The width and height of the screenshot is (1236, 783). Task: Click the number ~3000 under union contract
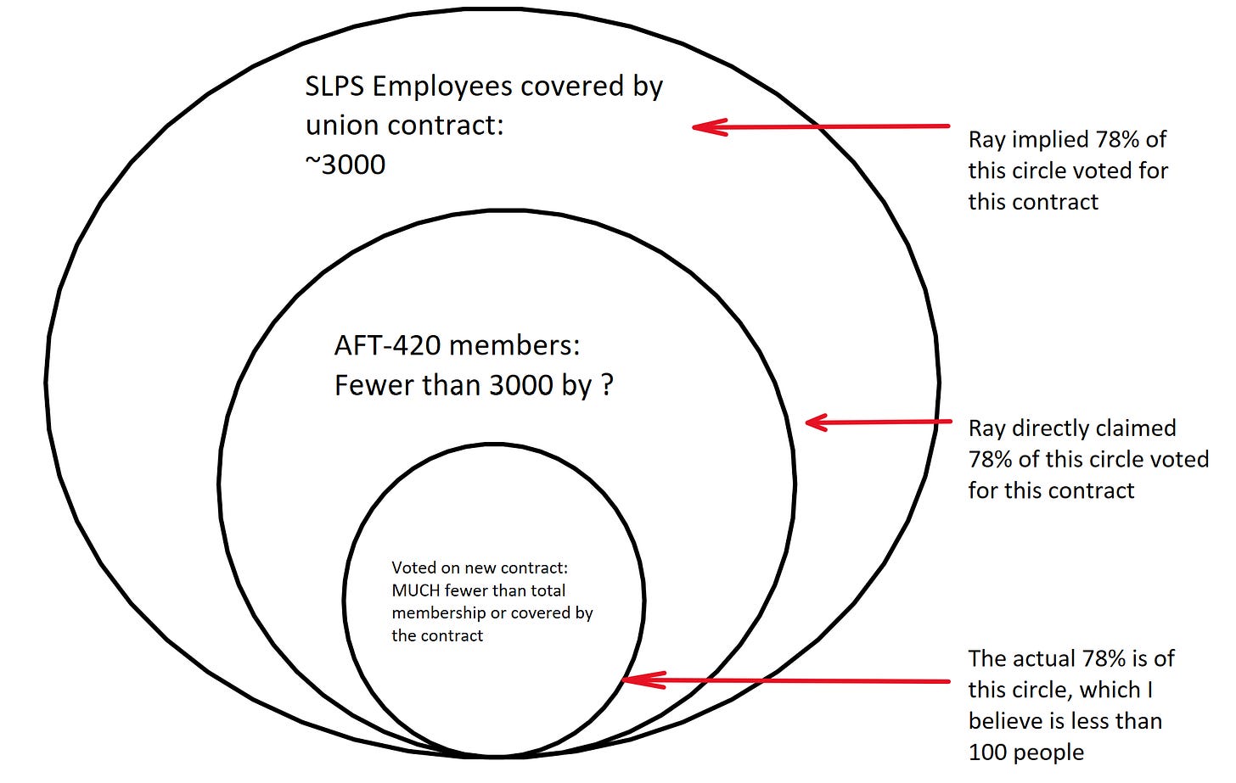[x=346, y=165]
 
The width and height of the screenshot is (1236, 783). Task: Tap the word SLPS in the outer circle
[x=334, y=87]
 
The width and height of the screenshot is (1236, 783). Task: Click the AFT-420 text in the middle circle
[x=388, y=345]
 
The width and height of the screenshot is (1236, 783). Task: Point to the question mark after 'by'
[x=606, y=386]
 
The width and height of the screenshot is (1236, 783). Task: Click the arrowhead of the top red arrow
[x=709, y=127]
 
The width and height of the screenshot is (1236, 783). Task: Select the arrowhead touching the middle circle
[x=816, y=422]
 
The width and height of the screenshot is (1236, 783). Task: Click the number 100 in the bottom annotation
[x=988, y=752]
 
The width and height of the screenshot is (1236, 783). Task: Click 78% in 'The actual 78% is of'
[x=1102, y=659]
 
